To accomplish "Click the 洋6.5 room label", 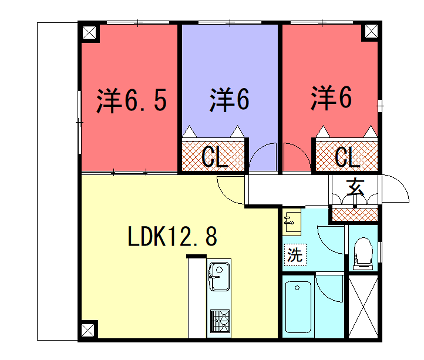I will [x=130, y=100].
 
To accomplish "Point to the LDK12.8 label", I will [x=173, y=237].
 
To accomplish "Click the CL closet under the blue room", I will [x=212, y=156].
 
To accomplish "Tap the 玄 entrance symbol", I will [x=355, y=186].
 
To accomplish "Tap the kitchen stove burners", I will [x=220, y=323].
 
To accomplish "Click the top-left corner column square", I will [x=89, y=32].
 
